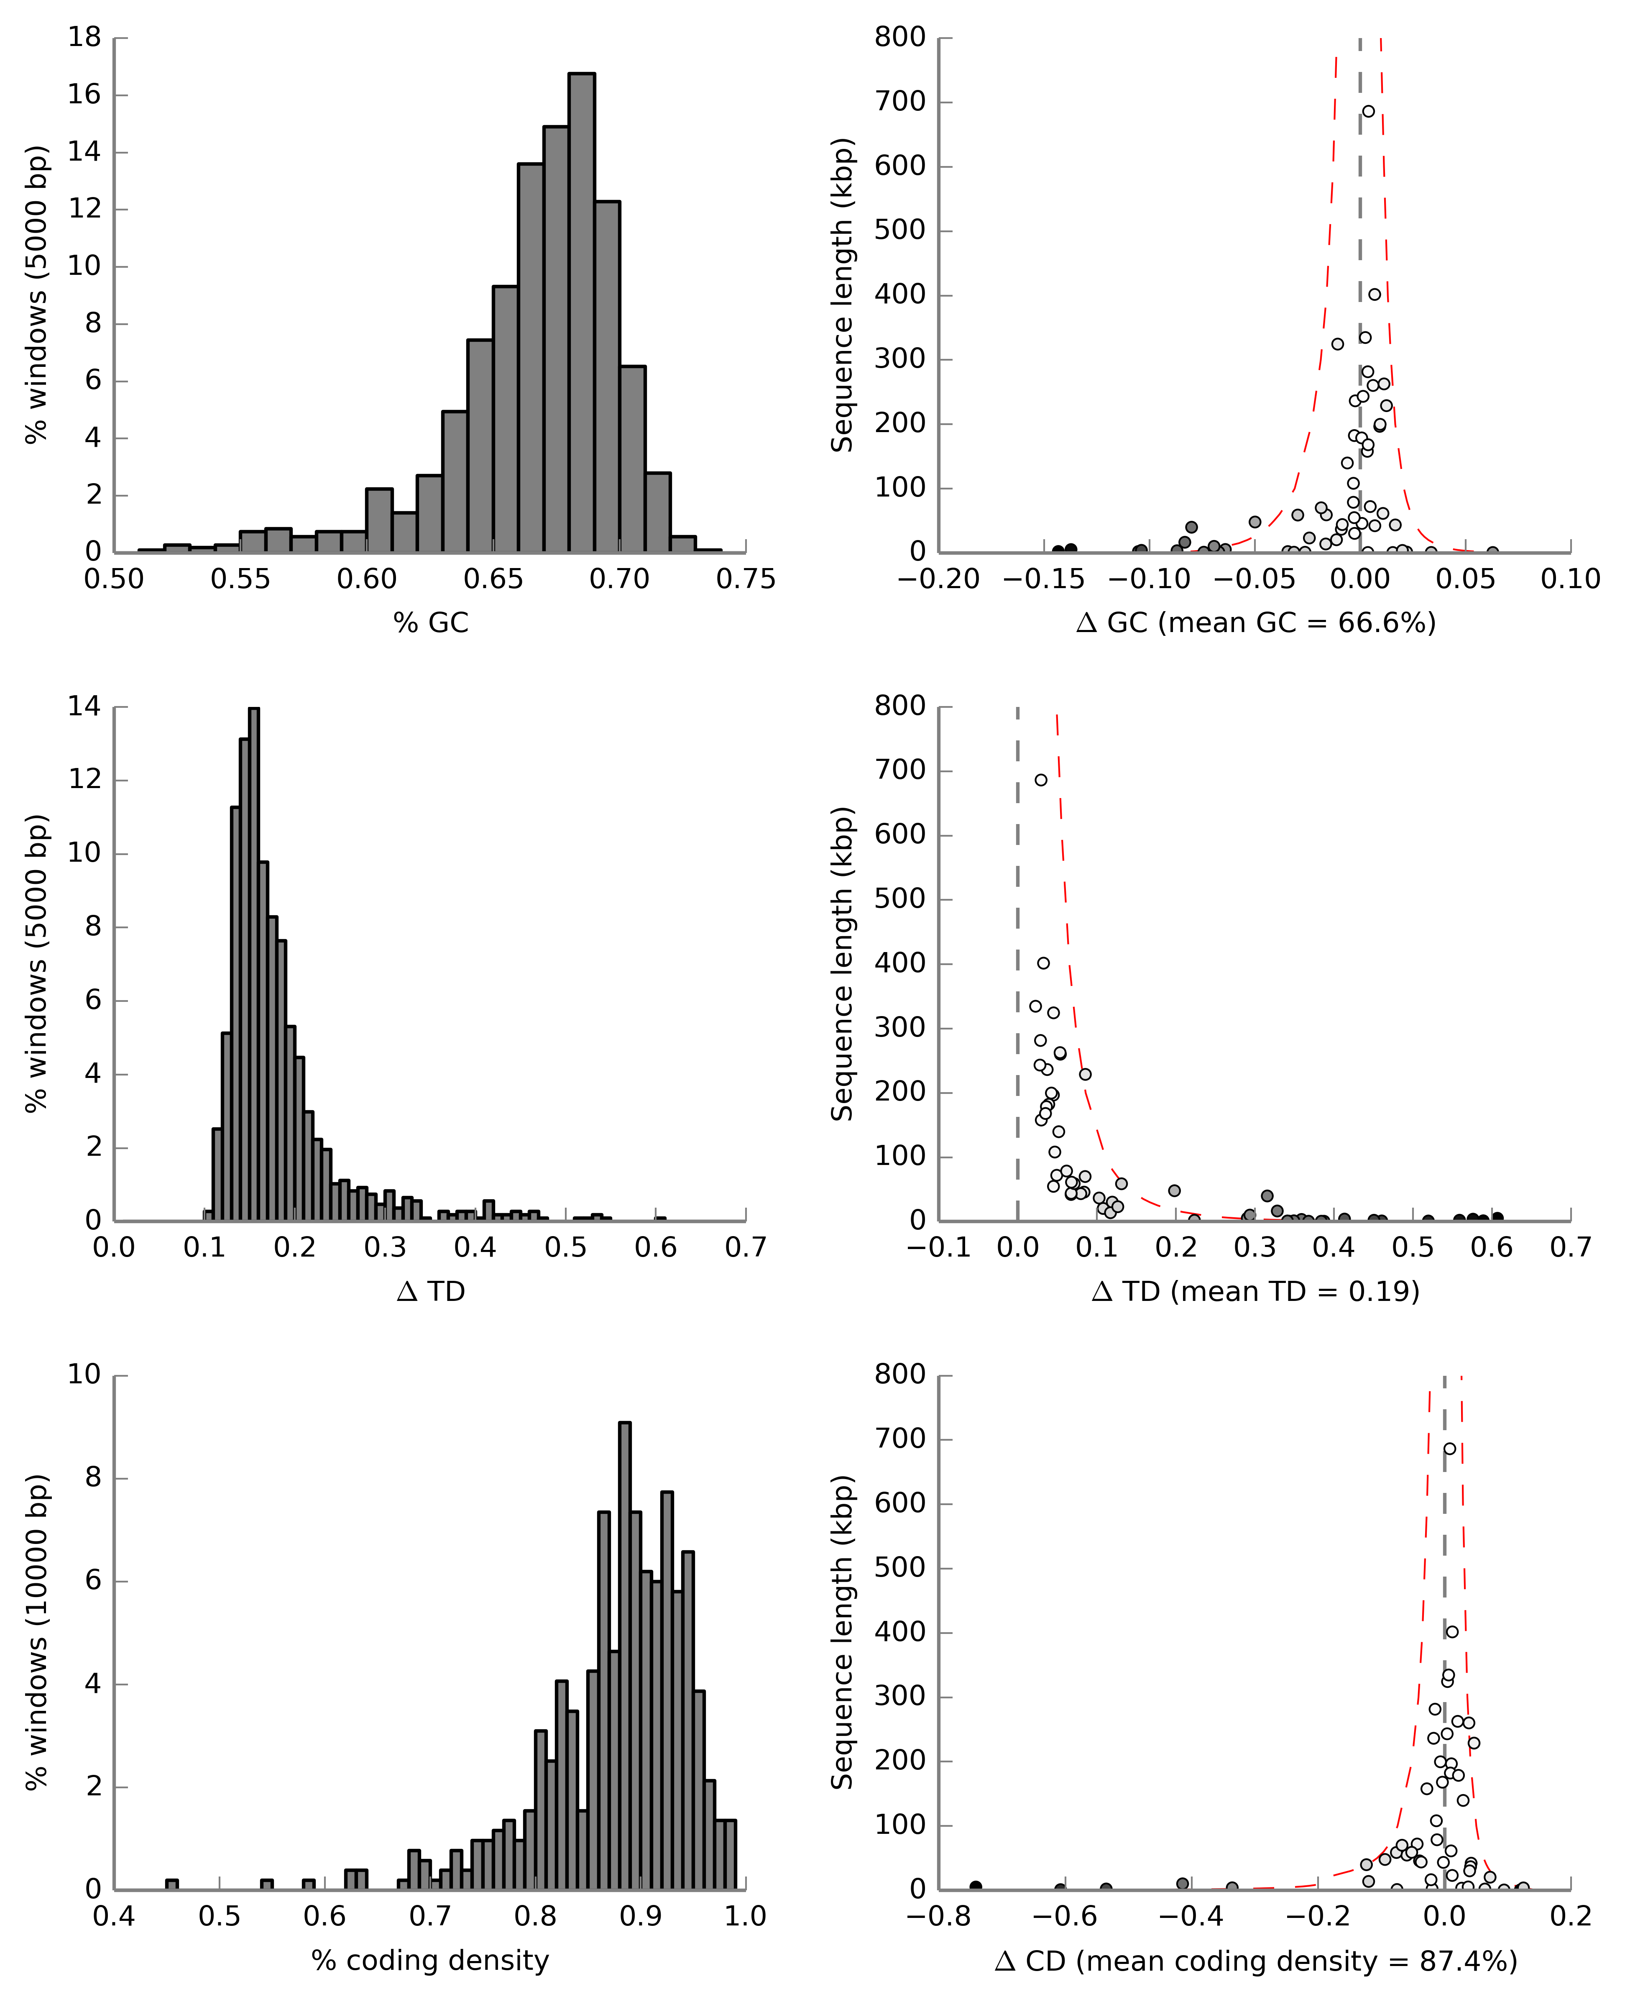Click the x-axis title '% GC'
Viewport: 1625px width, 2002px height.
[431, 623]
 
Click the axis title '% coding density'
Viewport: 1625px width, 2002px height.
[431, 1961]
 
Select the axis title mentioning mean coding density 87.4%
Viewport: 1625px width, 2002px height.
[1256, 1961]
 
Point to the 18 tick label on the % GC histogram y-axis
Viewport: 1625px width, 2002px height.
[84, 38]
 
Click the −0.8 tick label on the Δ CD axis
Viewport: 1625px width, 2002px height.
[939, 1917]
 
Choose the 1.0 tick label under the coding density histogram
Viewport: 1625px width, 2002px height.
[746, 1917]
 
